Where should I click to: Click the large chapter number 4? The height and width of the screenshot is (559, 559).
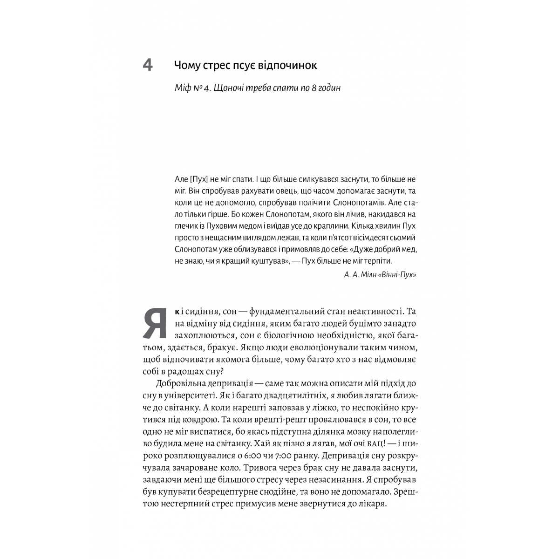[x=147, y=66]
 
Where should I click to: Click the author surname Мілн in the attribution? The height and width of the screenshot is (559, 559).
[x=372, y=274]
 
